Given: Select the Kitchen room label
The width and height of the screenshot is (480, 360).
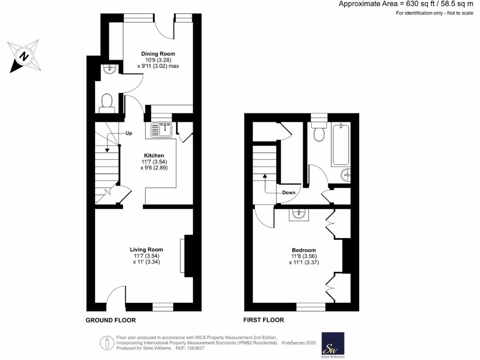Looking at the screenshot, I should point(154,155).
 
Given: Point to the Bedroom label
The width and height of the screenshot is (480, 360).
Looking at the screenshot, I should point(304,250).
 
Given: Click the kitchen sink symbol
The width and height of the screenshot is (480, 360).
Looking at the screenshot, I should point(163,129).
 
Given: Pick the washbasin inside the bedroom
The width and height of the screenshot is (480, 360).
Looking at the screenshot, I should point(298,215).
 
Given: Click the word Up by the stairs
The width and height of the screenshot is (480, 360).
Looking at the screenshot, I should point(128,133).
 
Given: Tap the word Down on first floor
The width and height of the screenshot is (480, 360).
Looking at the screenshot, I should point(288,193).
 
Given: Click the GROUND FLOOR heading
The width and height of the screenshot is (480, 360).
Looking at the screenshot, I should point(111,321).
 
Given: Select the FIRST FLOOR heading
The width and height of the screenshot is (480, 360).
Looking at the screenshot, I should point(263,321).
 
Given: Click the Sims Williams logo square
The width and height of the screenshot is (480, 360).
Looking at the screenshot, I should point(333,344).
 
